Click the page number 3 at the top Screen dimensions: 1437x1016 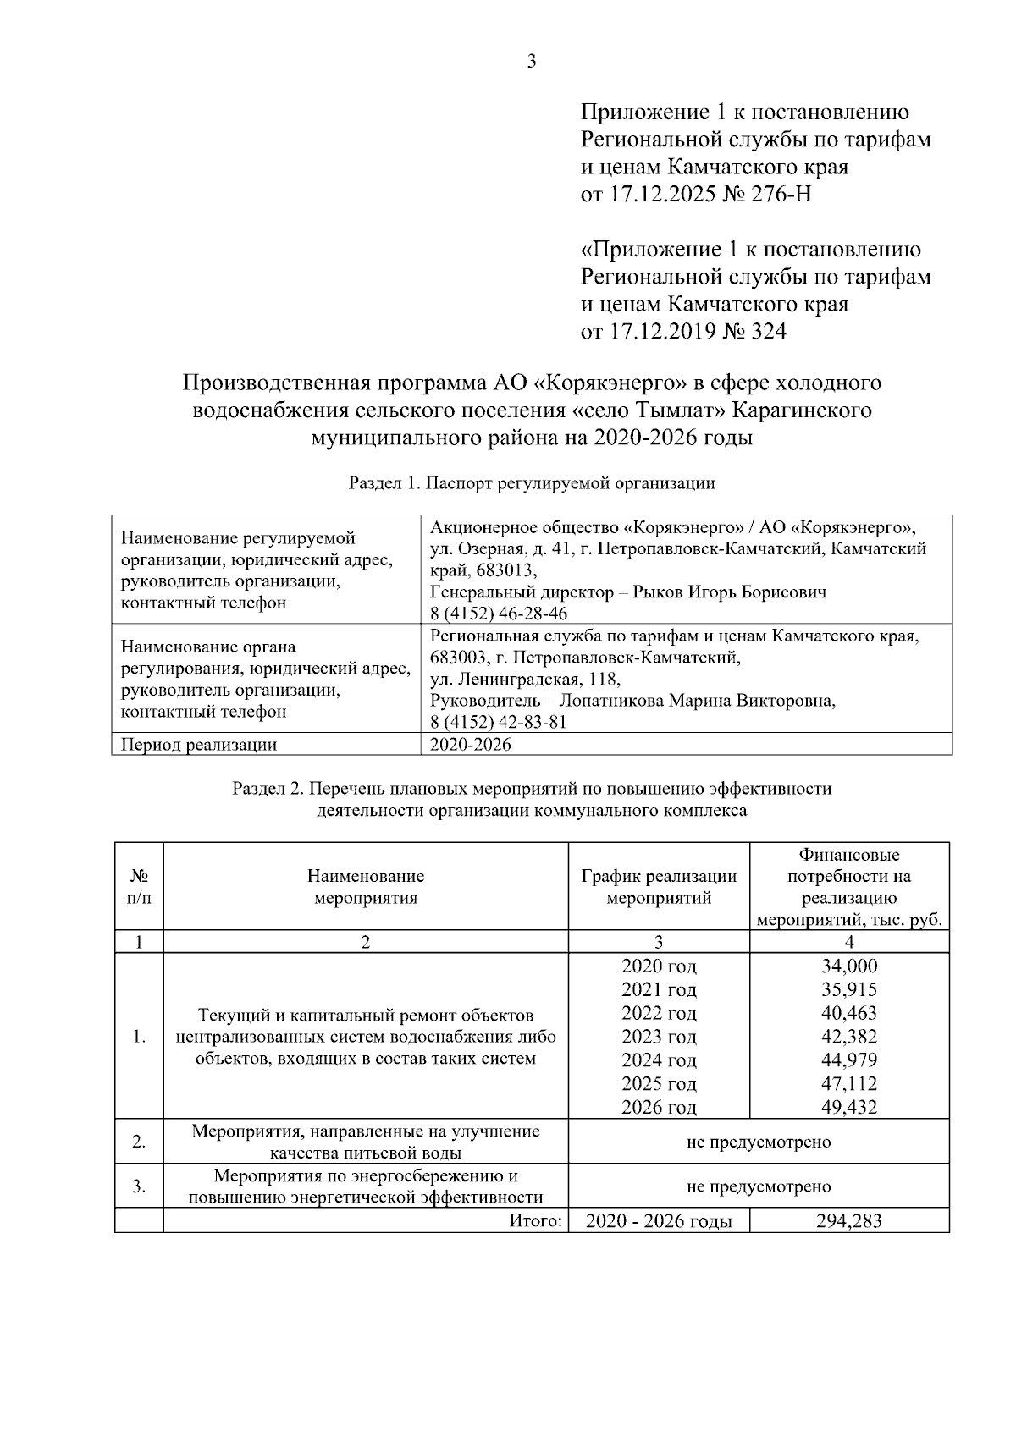(532, 62)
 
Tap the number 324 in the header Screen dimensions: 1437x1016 (767, 332)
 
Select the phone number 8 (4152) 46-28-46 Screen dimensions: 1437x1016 (499, 614)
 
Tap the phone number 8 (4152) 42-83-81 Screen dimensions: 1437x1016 (499, 722)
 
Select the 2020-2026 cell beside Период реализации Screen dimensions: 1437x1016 (471, 745)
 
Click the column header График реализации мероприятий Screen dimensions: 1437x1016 (659, 887)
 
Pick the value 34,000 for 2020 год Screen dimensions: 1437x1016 (849, 966)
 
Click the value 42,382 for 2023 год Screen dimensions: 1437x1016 (849, 1037)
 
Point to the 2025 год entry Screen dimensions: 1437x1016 (659, 1084)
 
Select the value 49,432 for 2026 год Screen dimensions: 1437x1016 (849, 1107)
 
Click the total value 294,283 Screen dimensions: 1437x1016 (849, 1220)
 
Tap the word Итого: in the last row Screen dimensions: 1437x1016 (536, 1220)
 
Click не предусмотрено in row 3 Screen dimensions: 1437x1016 (759, 1186)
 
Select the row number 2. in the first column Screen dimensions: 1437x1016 (139, 1142)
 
